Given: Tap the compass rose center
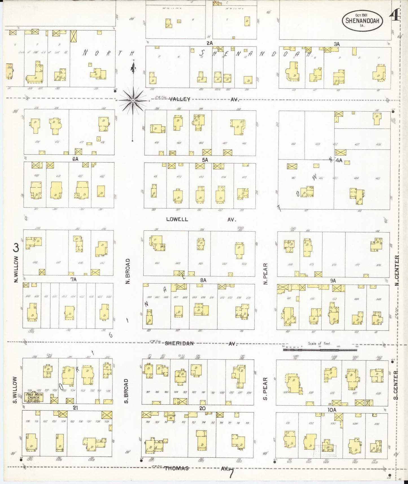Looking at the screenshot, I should (133, 100).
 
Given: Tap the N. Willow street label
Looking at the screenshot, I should (16, 269).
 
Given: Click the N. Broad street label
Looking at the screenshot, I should (128, 271).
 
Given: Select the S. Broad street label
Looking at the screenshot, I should (126, 391).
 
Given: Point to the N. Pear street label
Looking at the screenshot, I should (265, 274).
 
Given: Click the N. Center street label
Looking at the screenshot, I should (397, 271).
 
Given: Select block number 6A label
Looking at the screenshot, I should (75, 159).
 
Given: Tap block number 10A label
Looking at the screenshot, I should (331, 410).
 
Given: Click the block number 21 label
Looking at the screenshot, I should (75, 408).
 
